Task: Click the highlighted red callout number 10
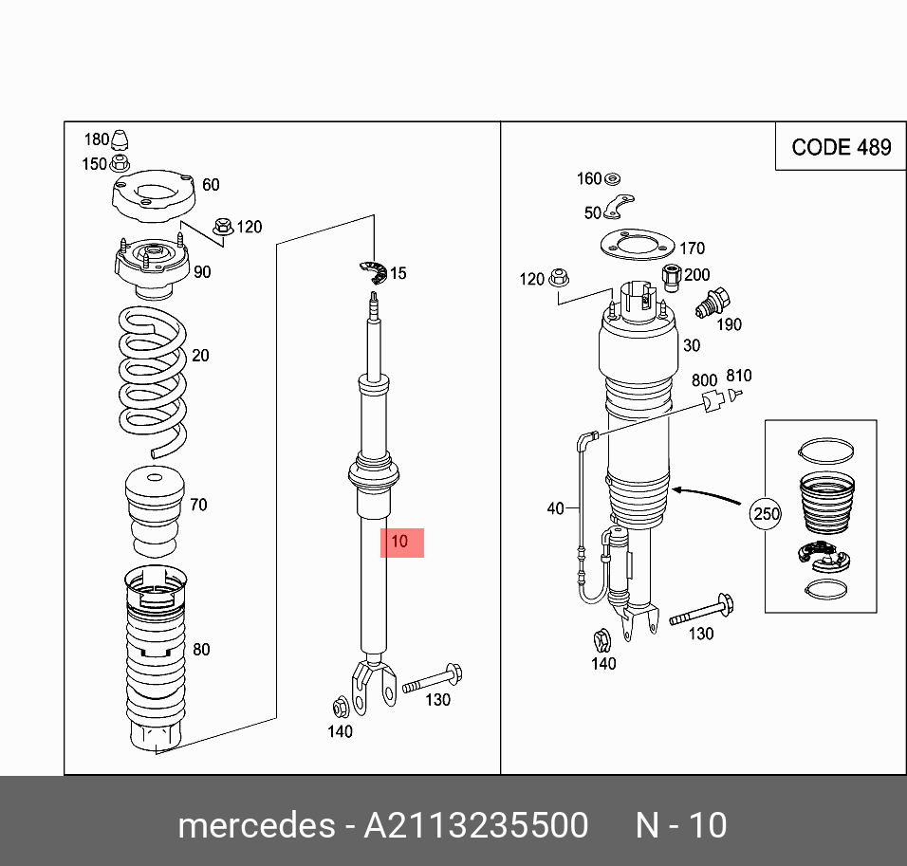click(x=401, y=543)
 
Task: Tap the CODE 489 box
click(x=841, y=147)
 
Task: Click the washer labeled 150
click(x=120, y=163)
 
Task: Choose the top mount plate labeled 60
click(x=153, y=196)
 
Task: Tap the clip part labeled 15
click(x=376, y=272)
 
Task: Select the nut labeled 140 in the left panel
click(x=340, y=707)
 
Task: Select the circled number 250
click(x=765, y=515)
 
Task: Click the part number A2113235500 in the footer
click(x=476, y=825)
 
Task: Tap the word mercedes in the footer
click(x=255, y=825)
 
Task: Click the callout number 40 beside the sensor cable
click(x=556, y=509)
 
